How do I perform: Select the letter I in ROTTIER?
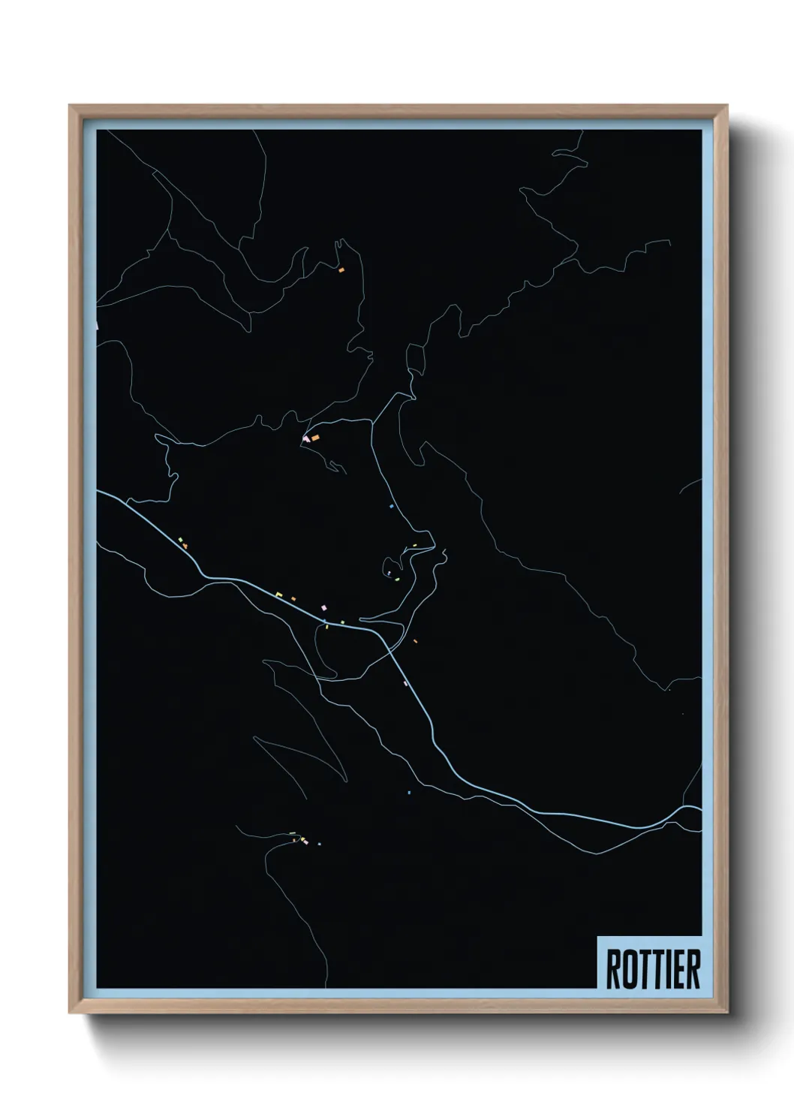coord(666,969)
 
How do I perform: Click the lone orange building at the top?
coord(341,269)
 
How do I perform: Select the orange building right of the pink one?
coord(315,437)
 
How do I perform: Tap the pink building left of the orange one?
coord(306,439)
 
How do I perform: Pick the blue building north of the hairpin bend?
coord(391,507)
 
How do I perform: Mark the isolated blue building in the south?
coord(409,793)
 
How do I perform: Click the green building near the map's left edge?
coord(180,540)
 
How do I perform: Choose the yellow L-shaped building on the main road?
coord(278,595)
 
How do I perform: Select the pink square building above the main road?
coord(323,607)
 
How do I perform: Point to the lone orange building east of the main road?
coord(415,641)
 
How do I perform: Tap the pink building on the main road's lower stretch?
coord(405,683)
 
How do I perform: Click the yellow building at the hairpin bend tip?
coord(414,546)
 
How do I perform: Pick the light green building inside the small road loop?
coord(398,579)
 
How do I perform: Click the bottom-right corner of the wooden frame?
coord(727,1013)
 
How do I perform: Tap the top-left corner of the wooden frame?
coord(69,105)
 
